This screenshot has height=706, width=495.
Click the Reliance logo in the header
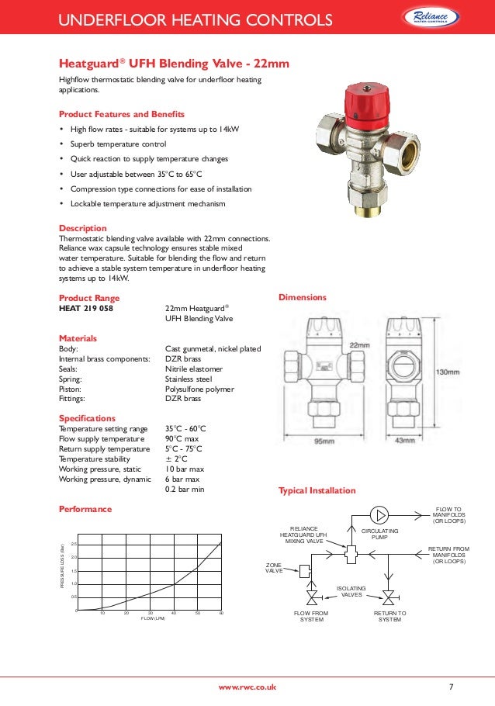[441, 17]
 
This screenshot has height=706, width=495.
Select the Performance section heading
[85, 509]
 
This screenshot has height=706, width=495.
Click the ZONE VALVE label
[274, 569]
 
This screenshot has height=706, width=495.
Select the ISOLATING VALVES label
[352, 591]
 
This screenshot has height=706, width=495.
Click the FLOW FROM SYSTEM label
[311, 616]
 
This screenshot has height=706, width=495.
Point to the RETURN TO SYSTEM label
[389, 616]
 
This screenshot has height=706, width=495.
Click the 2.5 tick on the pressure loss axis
[73, 544]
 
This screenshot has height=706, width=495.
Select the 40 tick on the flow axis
[174, 613]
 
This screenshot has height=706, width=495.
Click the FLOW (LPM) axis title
[153, 618]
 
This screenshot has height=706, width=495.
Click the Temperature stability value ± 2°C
[178, 459]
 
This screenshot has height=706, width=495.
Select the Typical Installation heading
[317, 490]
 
